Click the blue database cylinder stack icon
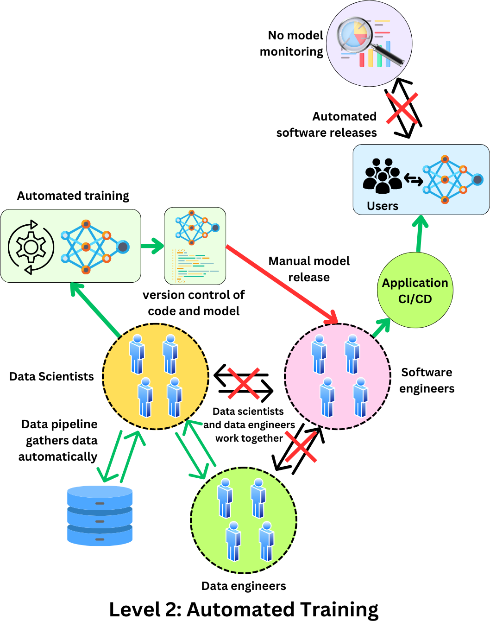tap(100, 515)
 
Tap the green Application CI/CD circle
tap(415, 291)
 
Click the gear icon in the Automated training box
tap(31, 247)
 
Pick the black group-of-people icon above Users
tap(382, 176)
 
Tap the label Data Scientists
tap(51, 376)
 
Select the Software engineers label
tap(427, 380)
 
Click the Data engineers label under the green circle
tap(244, 586)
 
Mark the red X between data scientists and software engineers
tap(243, 383)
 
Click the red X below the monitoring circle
tap(402, 108)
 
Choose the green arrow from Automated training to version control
tap(152, 246)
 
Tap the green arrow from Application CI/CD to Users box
tap(420, 234)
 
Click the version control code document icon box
tap(195, 246)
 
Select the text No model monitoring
tap(292, 44)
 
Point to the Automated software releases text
tap(327, 125)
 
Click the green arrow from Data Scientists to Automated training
tap(95, 310)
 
